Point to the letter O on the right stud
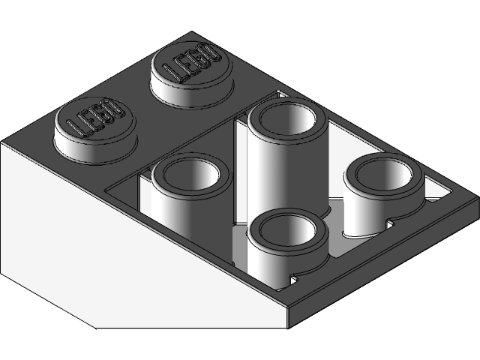pos(210,54)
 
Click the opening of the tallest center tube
pos(289,120)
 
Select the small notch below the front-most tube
pos(292,280)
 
